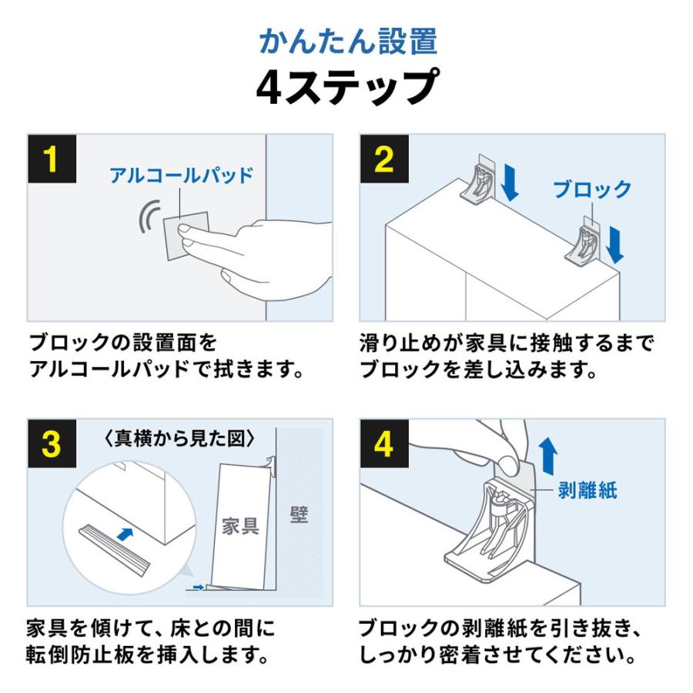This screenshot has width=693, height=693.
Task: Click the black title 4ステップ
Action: (347, 86)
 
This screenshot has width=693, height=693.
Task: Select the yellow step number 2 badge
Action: (383, 159)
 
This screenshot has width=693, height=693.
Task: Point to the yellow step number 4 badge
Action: (383, 444)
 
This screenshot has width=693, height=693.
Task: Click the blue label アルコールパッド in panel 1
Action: (181, 175)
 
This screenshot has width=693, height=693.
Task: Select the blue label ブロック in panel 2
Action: (591, 189)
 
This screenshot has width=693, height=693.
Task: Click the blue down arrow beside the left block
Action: (510, 182)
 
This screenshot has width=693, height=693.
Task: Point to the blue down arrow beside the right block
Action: (614, 243)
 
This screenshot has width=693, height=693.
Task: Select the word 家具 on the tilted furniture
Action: (240, 526)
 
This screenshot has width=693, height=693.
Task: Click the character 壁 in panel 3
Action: (299, 514)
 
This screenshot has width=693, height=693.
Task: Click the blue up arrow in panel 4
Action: (547, 457)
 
